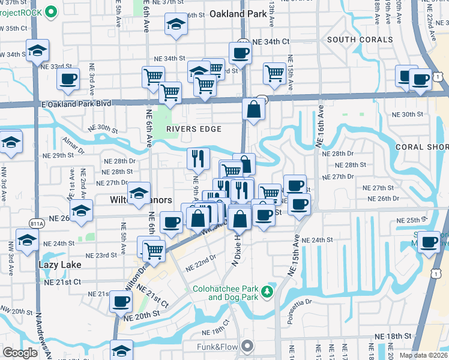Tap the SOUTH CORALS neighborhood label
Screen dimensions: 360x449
click(360, 40)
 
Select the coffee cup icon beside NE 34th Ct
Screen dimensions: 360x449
click(240, 52)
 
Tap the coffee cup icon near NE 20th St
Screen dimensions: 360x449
click(121, 301)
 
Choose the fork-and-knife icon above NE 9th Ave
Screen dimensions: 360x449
click(198, 158)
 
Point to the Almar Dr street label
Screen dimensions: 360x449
click(73, 143)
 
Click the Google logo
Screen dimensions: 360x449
click(20, 353)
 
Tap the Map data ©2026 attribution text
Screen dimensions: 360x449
click(423, 355)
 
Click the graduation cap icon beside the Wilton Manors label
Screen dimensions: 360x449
click(139, 193)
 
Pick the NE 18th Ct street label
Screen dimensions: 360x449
click(218, 326)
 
